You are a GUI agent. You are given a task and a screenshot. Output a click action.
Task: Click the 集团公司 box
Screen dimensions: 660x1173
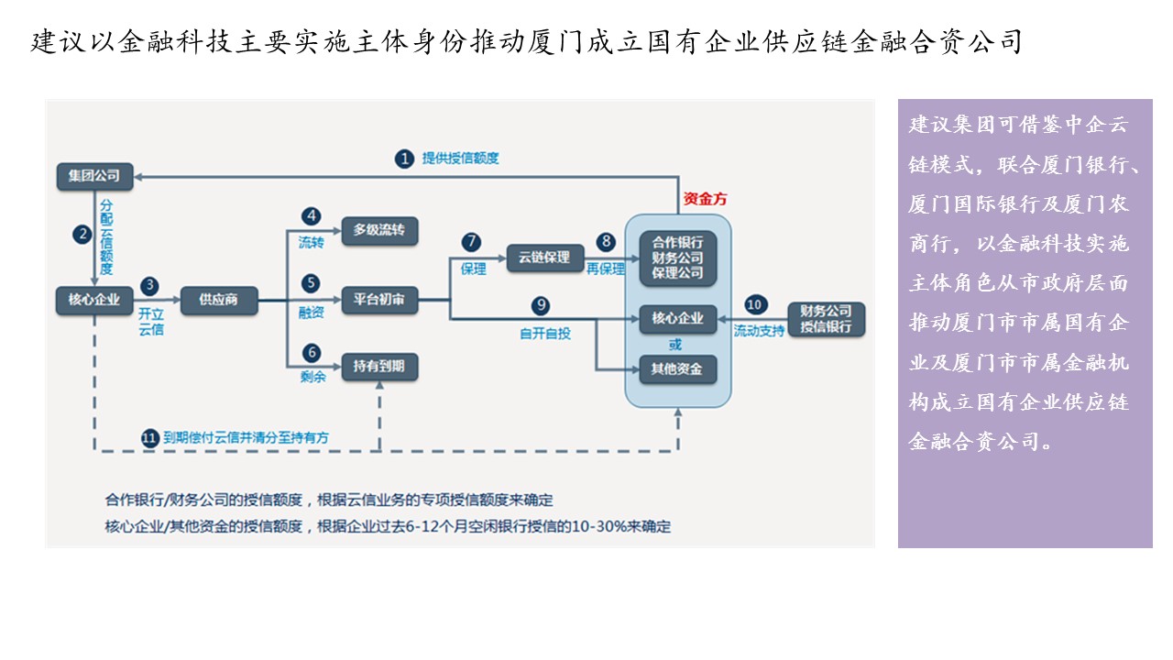tap(94, 175)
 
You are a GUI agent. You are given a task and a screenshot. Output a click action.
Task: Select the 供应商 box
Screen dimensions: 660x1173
tap(219, 300)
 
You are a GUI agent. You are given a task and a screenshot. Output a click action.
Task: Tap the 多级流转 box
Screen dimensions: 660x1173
tap(379, 230)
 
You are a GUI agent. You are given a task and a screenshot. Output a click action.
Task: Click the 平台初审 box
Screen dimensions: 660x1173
tap(379, 300)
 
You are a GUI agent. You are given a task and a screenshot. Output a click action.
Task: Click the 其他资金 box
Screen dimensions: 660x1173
tap(677, 369)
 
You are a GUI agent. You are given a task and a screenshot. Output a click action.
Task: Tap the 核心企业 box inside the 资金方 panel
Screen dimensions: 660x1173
tap(677, 319)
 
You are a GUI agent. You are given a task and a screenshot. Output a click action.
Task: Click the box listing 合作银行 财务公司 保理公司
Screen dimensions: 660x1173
tap(677, 258)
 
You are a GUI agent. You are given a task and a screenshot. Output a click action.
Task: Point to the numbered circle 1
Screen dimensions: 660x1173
tap(404, 159)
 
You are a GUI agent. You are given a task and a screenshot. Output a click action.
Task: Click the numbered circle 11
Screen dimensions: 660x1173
tap(149, 438)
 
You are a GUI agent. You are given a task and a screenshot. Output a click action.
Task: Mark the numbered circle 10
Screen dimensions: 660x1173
tap(754, 304)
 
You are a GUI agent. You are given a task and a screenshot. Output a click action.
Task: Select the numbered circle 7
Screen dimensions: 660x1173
tap(471, 242)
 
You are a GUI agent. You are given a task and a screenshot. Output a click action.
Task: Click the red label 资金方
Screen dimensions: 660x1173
tap(706, 199)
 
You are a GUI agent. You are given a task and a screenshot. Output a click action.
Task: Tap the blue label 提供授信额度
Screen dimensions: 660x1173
tap(460, 159)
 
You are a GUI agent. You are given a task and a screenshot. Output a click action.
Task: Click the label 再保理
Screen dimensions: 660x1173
tap(606, 269)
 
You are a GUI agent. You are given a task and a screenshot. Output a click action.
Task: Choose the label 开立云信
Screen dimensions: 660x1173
tap(150, 322)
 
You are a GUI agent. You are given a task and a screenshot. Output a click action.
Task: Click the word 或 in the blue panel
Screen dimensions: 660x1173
tap(675, 345)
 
